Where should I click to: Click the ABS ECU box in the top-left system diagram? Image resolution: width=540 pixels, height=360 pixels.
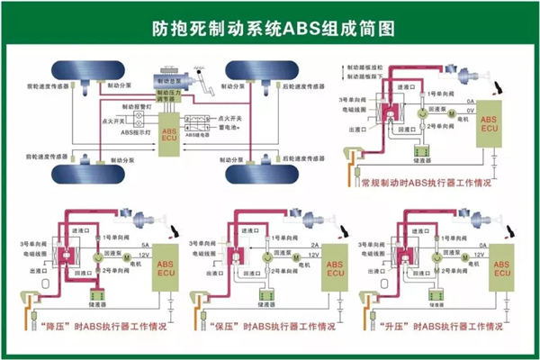[169, 133]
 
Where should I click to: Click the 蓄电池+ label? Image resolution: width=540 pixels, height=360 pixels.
[233, 129]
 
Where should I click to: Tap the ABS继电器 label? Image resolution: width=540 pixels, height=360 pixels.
[202, 136]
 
